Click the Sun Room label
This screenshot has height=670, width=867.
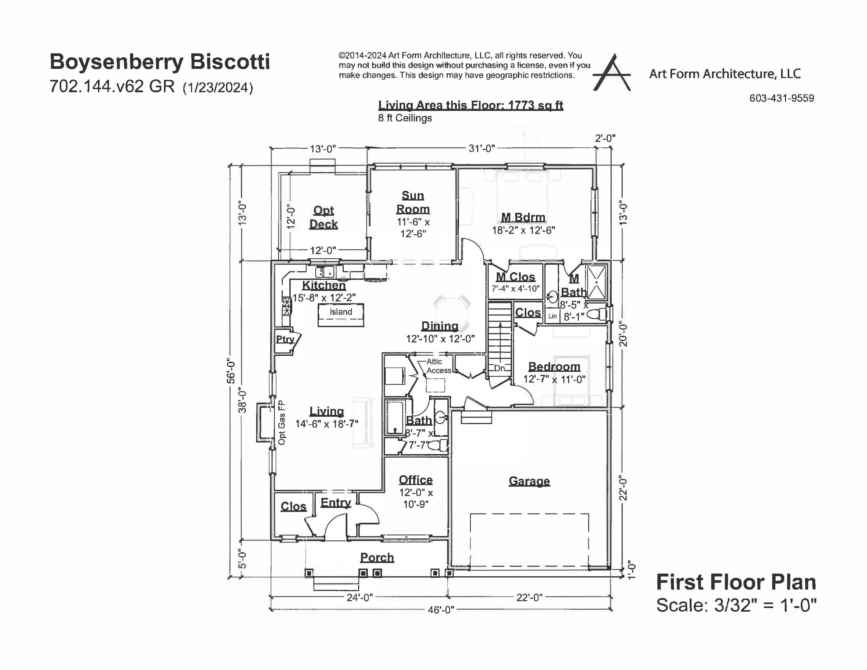coord(413,202)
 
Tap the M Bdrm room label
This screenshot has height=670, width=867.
coord(523,217)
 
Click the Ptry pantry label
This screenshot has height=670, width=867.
coord(285,339)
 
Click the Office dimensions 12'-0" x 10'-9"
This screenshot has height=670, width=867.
coord(416,498)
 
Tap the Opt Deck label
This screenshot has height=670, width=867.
coord(323,217)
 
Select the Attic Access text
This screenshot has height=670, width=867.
coord(438,366)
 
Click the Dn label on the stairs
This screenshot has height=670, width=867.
coord(499,368)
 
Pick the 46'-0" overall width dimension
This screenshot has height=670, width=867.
coord(441,610)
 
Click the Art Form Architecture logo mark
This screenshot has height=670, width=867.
coord(611,74)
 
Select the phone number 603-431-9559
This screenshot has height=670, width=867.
coord(781,98)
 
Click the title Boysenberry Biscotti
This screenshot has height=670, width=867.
coord(160,62)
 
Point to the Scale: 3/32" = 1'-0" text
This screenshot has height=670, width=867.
coord(736,605)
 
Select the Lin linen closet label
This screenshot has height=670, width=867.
coord(552,316)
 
